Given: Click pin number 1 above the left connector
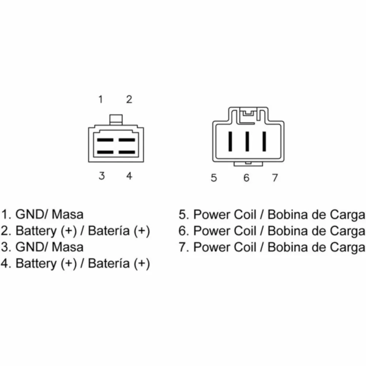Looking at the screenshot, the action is tap(101, 100).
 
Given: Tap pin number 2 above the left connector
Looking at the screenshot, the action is tap(129, 100).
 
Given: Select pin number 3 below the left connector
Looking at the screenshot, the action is tap(101, 176).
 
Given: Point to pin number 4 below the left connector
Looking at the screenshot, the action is tap(129, 176).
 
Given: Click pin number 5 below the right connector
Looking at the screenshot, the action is tap(214, 178).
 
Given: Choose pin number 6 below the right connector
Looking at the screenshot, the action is tap(246, 178).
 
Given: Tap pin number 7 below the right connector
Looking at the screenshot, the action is tap(275, 178).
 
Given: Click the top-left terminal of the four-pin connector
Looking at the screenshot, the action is tap(105, 140).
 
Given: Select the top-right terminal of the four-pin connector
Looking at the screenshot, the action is tap(127, 140).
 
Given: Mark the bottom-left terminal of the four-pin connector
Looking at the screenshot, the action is tap(105, 152).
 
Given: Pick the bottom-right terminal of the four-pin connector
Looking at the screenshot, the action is tap(127, 152).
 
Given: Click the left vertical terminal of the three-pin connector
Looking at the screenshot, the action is tap(230, 141).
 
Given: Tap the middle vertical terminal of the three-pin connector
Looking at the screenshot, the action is tap(247, 141).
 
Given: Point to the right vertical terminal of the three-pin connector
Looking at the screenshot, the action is tap(264, 141).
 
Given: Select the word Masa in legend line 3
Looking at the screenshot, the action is tap(67, 247).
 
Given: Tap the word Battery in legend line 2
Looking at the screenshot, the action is tap(36, 231).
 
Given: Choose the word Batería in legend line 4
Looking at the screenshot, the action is tap(109, 264).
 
